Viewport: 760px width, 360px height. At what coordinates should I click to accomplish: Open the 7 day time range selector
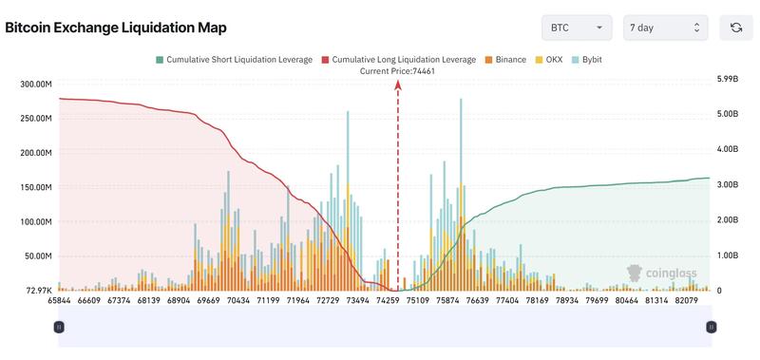tap(665, 28)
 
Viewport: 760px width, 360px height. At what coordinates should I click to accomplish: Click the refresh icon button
tap(735, 28)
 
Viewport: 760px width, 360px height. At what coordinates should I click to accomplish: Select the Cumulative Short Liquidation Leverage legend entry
tap(233, 60)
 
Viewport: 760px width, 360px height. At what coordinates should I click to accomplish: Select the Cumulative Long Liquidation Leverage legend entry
tap(398, 60)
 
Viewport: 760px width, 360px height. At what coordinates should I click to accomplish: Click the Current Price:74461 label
tap(398, 71)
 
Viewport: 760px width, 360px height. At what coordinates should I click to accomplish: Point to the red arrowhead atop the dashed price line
tap(398, 85)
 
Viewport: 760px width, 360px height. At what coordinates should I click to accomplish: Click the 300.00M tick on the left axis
tap(35, 85)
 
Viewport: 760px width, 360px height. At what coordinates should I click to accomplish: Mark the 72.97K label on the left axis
tap(38, 290)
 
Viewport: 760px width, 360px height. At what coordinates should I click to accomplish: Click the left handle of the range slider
tap(59, 326)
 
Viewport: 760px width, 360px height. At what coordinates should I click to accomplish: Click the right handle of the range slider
tap(711, 326)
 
